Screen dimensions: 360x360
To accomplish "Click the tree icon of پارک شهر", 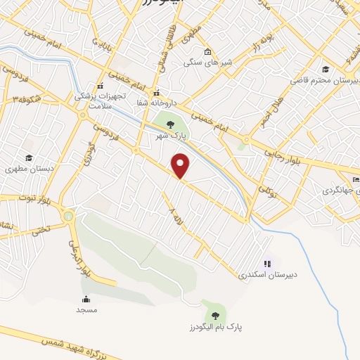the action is [x=170, y=124].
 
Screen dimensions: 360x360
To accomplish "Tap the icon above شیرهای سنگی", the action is [x=207, y=51].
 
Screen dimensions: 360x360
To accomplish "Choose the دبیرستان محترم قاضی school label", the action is [x=323, y=80].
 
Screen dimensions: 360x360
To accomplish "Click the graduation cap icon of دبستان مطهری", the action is [x=29, y=157].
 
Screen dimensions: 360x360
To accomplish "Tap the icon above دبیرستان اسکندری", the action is [x=267, y=264].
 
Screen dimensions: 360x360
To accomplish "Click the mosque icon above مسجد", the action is [x=86, y=299].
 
